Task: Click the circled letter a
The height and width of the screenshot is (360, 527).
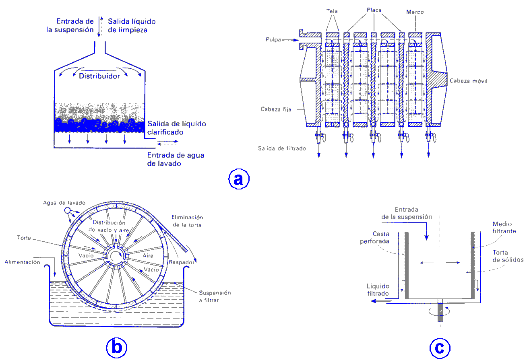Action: point(239,179)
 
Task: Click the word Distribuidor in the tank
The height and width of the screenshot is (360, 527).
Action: point(99,76)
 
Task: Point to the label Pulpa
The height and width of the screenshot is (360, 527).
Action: point(273,39)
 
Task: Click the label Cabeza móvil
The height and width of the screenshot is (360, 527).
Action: point(469,80)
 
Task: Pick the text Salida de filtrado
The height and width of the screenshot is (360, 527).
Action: point(282,148)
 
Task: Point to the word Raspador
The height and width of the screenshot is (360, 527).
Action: point(181,262)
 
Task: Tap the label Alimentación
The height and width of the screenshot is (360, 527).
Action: point(23,262)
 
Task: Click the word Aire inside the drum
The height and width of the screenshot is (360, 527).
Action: point(149,255)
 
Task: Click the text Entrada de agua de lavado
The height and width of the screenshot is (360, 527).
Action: point(175,160)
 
